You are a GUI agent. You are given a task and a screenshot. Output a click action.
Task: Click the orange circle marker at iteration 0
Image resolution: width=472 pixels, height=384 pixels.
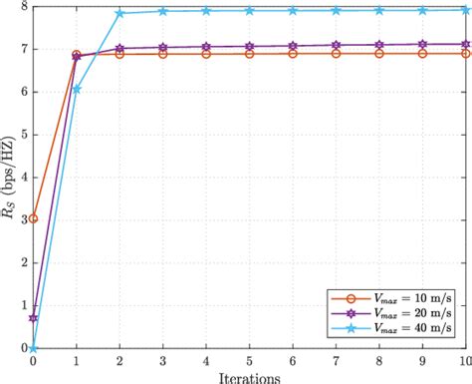34,218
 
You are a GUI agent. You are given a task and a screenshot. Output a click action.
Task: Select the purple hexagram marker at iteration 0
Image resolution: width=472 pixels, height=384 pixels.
34,318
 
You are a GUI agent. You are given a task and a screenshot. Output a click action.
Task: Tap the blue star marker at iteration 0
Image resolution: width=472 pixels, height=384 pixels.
34,347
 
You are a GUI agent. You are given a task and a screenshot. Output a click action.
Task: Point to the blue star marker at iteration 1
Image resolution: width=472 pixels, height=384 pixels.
77,89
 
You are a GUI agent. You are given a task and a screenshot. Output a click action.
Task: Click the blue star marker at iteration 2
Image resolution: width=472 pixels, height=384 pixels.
119,13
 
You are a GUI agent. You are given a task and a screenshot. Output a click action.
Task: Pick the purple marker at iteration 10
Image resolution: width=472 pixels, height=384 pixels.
465,44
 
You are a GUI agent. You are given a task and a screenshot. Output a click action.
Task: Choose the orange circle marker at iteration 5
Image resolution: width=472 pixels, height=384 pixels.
249,53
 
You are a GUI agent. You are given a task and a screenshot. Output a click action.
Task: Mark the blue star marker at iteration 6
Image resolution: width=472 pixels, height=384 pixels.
293,11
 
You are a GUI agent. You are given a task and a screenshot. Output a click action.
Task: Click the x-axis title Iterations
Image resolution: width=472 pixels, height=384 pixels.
249,376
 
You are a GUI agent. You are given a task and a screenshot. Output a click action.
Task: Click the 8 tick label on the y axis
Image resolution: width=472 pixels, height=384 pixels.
24,7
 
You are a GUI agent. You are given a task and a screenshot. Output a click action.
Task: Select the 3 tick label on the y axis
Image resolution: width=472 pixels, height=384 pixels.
24,220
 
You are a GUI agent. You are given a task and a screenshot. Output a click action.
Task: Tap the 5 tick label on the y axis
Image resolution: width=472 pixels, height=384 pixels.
24,135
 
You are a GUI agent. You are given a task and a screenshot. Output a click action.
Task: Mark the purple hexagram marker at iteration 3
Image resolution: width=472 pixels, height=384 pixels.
163,47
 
